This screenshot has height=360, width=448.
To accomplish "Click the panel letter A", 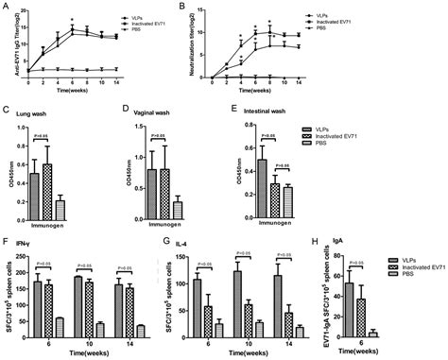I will [x=7, y=8].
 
